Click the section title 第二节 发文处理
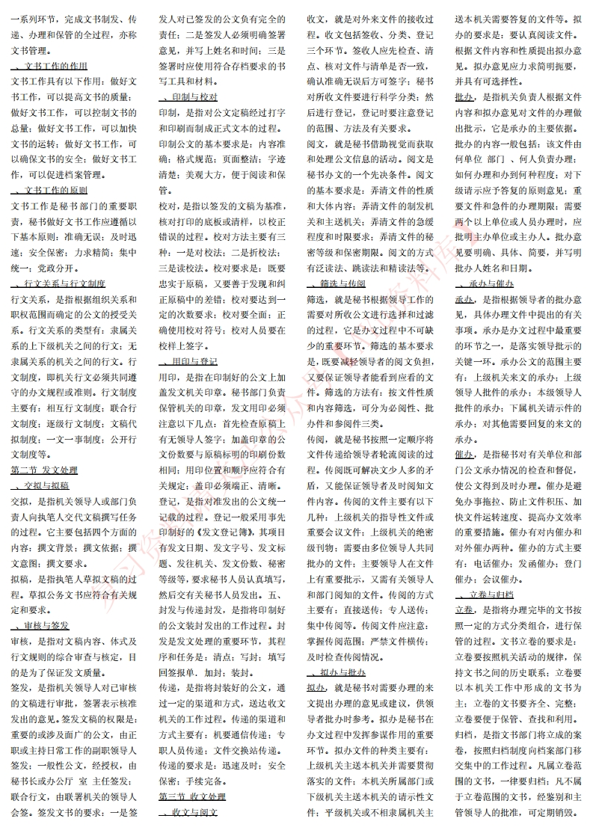[x=44, y=470]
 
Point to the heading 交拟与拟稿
[x=47, y=485]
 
